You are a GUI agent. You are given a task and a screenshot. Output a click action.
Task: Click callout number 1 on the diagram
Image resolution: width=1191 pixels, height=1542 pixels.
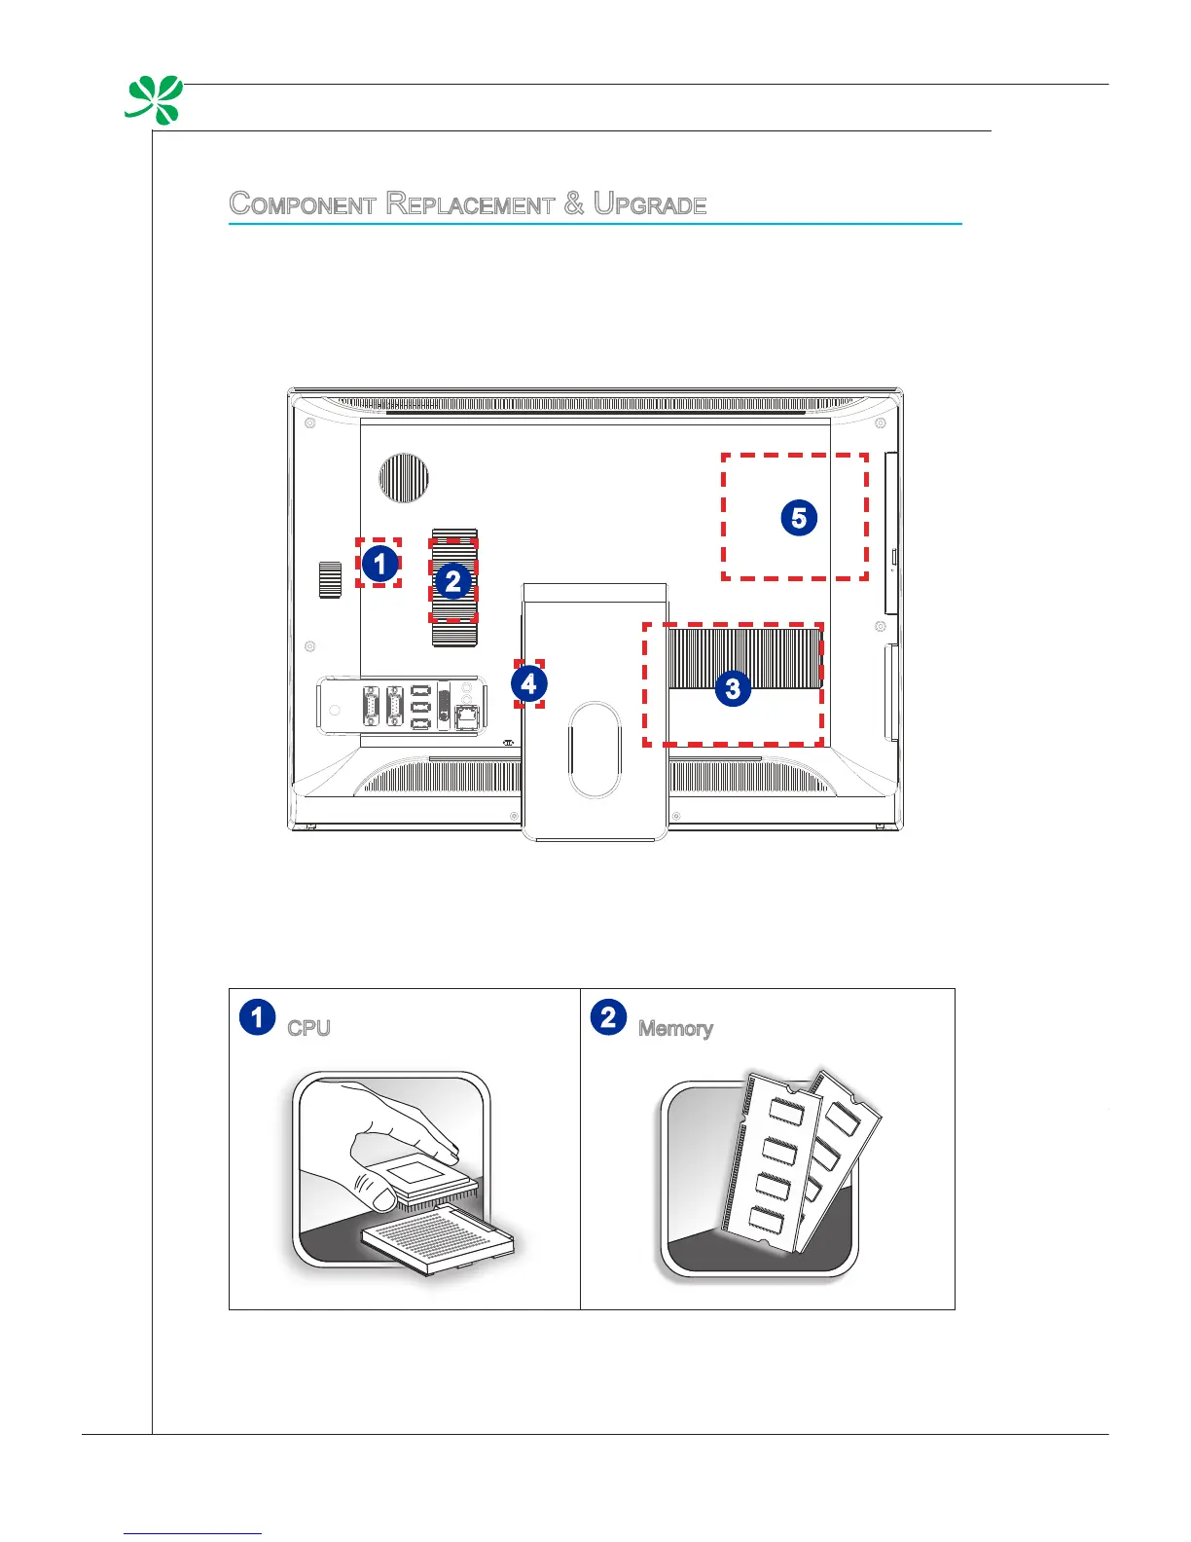click(380, 563)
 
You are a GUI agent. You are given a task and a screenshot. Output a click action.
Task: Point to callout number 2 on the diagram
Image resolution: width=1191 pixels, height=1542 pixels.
click(452, 582)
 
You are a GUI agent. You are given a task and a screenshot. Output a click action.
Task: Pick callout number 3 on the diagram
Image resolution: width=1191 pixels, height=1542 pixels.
click(733, 689)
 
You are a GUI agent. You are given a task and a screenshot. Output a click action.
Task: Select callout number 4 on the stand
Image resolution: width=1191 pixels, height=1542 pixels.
click(528, 683)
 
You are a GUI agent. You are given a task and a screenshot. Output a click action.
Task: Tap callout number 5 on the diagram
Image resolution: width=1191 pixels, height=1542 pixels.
click(799, 517)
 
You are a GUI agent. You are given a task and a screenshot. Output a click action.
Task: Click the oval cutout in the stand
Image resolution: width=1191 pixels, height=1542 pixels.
click(595, 750)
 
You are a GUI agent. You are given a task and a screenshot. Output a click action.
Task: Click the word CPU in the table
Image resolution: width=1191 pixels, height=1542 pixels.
click(309, 1028)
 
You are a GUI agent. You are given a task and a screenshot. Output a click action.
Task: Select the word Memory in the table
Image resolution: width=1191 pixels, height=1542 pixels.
click(675, 1028)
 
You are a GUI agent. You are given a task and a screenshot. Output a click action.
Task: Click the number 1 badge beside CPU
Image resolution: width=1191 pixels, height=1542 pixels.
click(257, 1017)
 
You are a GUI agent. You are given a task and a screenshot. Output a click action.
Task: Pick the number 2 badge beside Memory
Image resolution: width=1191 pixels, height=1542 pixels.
click(608, 1017)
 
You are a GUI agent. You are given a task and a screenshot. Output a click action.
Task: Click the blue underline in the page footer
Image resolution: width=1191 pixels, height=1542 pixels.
click(193, 1533)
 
